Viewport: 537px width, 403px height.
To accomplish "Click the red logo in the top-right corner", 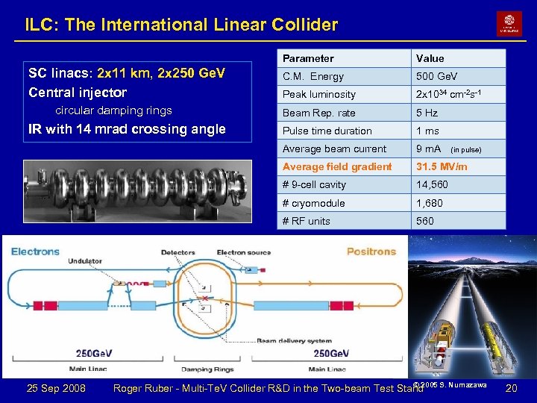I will coord(509,24).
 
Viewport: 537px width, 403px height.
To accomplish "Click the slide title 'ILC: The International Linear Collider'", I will coord(181,25).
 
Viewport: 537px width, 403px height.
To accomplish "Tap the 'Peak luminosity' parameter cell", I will coord(319,95).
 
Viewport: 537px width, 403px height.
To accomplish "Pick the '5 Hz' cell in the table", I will coord(427,113).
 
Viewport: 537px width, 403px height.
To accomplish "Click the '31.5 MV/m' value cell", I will coord(442,166).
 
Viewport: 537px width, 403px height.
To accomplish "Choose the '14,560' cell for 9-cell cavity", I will coord(432,184).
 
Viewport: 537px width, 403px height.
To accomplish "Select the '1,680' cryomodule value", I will coord(430,203).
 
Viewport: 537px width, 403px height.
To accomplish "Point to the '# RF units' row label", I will coord(307,221).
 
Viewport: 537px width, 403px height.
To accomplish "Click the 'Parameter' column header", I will coord(308,58).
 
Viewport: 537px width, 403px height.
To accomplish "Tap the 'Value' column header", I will coord(430,58).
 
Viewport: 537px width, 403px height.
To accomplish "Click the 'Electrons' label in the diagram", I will coord(35,252).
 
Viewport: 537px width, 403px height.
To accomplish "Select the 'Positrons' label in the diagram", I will coord(371,252).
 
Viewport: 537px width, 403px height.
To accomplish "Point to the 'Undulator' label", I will coord(85,262).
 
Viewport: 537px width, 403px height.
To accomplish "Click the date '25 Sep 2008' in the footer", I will coord(56,388).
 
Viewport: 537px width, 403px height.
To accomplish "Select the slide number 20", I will coord(511,388).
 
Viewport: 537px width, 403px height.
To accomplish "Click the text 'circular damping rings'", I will coord(114,110).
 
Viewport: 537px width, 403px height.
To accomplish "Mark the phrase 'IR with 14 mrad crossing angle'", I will coord(127,129).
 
